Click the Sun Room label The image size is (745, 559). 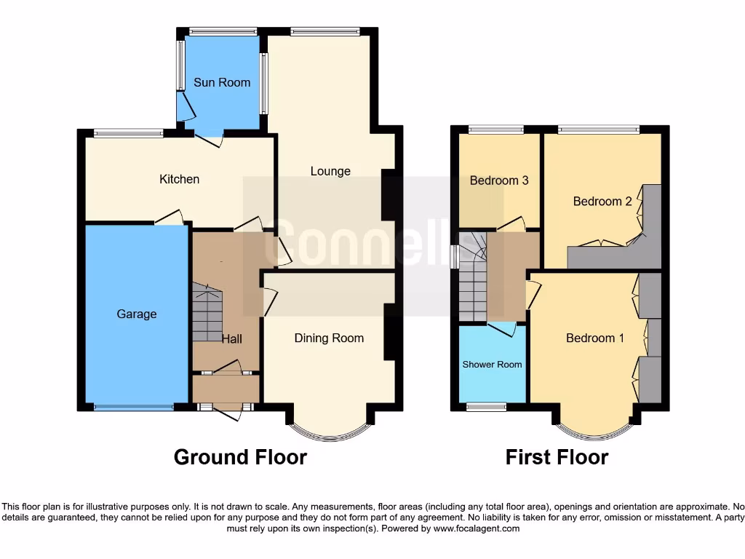(x=222, y=82)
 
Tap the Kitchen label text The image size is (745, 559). (x=179, y=179)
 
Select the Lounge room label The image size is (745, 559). (x=330, y=171)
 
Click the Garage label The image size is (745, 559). (x=137, y=314)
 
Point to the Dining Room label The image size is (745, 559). (x=329, y=338)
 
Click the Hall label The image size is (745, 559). (x=231, y=338)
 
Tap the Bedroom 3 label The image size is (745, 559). (x=499, y=181)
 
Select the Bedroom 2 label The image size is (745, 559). (x=602, y=201)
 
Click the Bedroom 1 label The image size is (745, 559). (x=595, y=338)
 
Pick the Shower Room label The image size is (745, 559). (x=492, y=364)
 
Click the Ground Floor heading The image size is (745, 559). (x=240, y=457)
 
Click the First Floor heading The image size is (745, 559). (x=557, y=457)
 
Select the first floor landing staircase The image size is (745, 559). (x=471, y=277)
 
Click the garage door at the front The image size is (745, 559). (x=133, y=408)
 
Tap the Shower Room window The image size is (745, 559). (x=486, y=407)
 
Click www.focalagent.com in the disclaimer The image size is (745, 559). (x=476, y=528)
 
